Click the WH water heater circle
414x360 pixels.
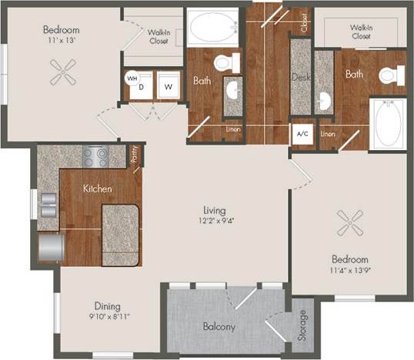132,78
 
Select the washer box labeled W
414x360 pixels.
167,87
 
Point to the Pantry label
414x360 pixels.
134,156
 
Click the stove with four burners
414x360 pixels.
96,157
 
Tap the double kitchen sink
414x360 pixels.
47,205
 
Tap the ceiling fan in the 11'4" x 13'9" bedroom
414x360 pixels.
350,225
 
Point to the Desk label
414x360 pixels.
299,76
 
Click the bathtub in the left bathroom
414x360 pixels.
212,27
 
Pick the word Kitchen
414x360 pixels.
98,188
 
